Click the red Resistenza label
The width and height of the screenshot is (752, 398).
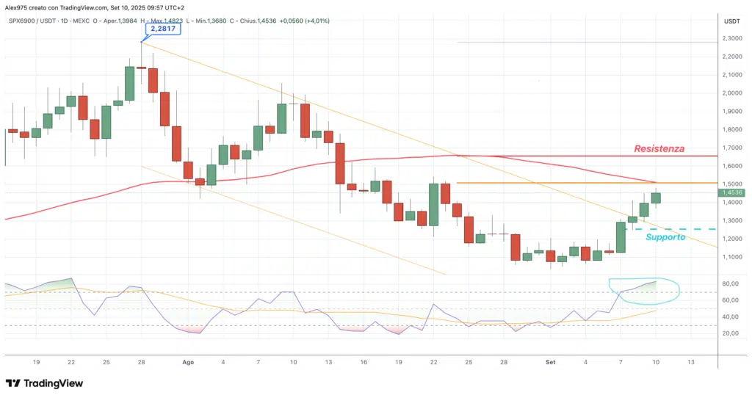coord(659,148)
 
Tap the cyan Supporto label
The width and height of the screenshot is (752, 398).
coord(665,237)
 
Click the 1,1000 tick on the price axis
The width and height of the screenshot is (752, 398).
coord(731,257)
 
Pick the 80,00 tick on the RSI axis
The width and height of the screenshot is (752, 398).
coord(731,284)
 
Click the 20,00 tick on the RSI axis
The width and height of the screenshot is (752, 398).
coord(731,333)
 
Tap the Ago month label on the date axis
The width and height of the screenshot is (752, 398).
coord(187,362)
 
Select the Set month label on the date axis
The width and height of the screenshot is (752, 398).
coord(551,362)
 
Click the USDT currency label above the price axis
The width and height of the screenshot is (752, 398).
coord(731,21)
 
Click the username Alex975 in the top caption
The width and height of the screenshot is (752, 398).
coord(16,7)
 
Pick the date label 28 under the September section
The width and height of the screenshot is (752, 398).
coord(505,362)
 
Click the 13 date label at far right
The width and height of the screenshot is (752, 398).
coord(690,362)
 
